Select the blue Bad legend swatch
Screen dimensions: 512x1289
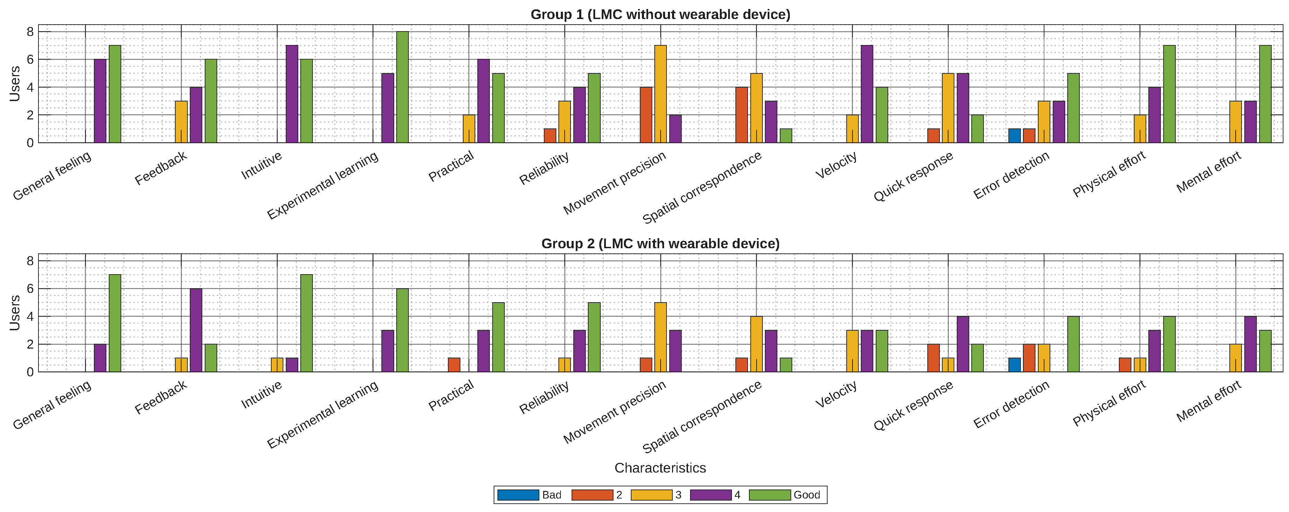pyautogui.click(x=518, y=495)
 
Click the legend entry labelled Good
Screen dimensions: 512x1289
pyautogui.click(x=806, y=495)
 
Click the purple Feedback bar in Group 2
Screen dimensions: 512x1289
pyautogui.click(x=196, y=330)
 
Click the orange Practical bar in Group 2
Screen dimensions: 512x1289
pyautogui.click(x=454, y=365)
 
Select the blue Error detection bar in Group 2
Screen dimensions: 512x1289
pyautogui.click(x=1014, y=365)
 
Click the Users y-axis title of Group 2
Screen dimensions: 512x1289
pyautogui.click(x=15, y=313)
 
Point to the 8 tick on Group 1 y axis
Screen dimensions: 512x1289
pyautogui.click(x=30, y=32)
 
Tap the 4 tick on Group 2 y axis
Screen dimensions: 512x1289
pyautogui.click(x=30, y=316)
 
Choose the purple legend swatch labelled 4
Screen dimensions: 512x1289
pyautogui.click(x=710, y=495)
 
